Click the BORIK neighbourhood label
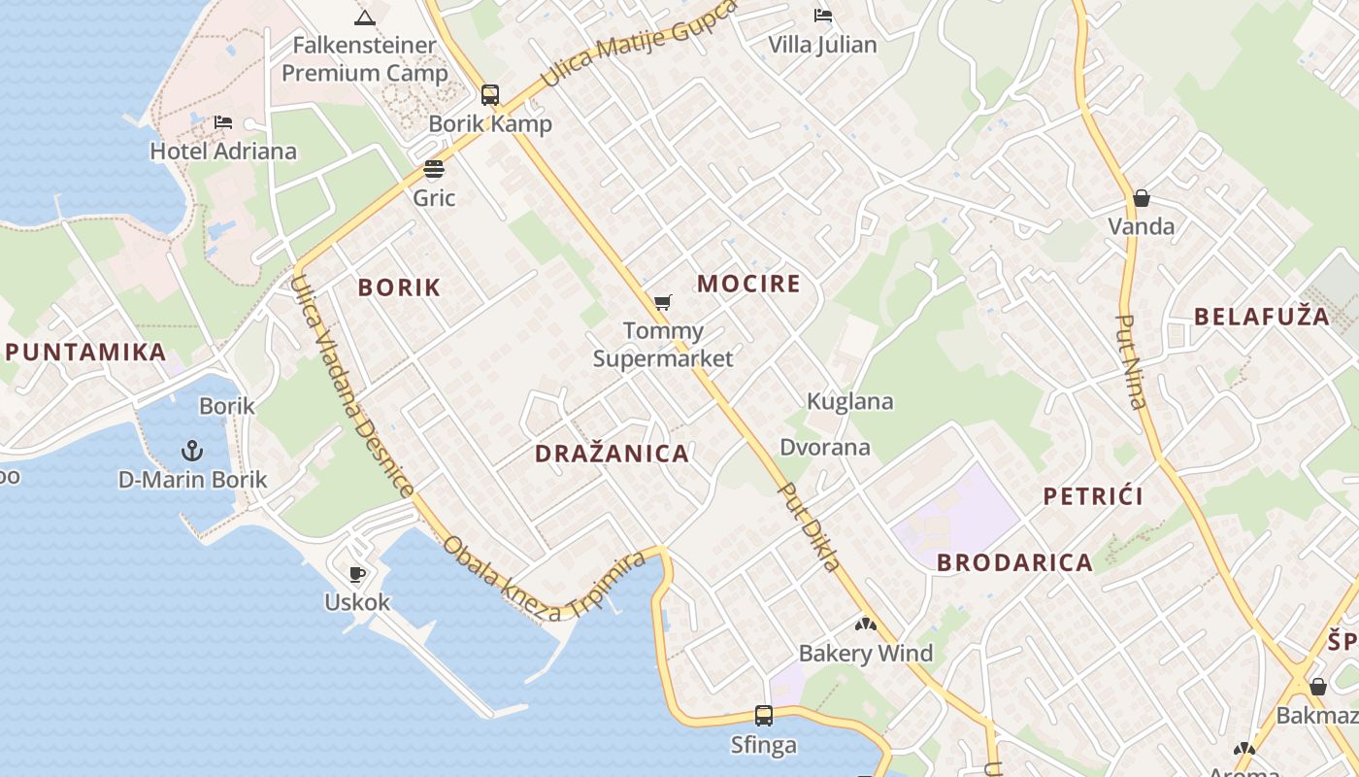click(x=399, y=287)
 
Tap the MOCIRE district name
click(x=748, y=284)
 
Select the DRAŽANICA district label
click(x=612, y=454)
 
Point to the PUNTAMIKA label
click(x=85, y=352)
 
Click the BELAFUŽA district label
click(x=1261, y=316)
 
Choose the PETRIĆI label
click(x=1093, y=496)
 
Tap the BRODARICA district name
click(x=1014, y=562)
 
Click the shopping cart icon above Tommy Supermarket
click(x=663, y=303)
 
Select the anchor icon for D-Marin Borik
click(x=192, y=451)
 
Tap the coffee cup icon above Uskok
click(x=357, y=574)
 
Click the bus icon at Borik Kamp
click(x=490, y=95)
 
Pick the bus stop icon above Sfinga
click(x=764, y=716)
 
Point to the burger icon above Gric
click(x=434, y=170)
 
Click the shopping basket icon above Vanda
click(x=1142, y=198)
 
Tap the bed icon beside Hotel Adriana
click(x=223, y=122)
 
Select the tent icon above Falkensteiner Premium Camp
click(x=364, y=17)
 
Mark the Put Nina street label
click(x=1131, y=361)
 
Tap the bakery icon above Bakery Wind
click(x=866, y=625)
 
